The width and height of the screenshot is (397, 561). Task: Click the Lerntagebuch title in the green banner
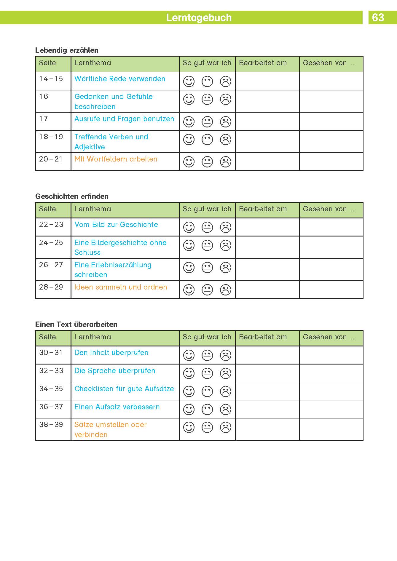[x=199, y=18]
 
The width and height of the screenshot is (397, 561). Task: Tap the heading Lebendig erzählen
[x=67, y=50]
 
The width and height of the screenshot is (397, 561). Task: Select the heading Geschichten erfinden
[x=72, y=196]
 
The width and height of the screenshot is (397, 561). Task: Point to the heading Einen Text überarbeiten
[x=76, y=325]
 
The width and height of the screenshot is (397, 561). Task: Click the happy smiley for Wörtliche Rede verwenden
[x=189, y=81]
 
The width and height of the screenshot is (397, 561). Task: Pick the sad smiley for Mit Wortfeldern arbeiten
[x=226, y=162]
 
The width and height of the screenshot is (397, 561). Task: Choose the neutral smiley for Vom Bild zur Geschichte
[x=207, y=227]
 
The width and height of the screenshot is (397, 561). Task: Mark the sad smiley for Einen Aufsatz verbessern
[x=226, y=410]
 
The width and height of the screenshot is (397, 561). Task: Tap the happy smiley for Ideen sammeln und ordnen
[x=189, y=290]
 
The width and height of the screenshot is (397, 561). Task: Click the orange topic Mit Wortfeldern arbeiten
[x=116, y=159]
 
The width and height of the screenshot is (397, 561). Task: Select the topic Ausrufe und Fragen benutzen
[x=124, y=119]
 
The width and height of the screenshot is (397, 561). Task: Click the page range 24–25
[x=51, y=243]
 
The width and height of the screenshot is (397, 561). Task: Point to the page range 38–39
[x=51, y=425]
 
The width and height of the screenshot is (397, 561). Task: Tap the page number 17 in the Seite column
[x=44, y=119]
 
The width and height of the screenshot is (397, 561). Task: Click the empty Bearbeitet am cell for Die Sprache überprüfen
[x=267, y=373]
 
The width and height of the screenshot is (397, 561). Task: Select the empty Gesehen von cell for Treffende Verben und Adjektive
[x=331, y=141]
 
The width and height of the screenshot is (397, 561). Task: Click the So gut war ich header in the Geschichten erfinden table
[x=207, y=209]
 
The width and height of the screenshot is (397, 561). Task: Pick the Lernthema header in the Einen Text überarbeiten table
[x=93, y=337]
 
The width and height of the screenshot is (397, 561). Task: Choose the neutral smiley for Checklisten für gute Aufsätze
[x=207, y=391]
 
